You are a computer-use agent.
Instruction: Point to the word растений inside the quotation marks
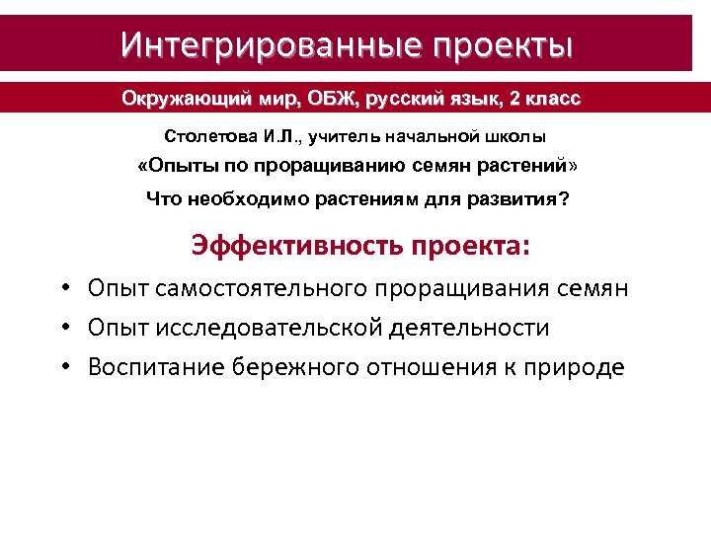click(519, 165)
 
